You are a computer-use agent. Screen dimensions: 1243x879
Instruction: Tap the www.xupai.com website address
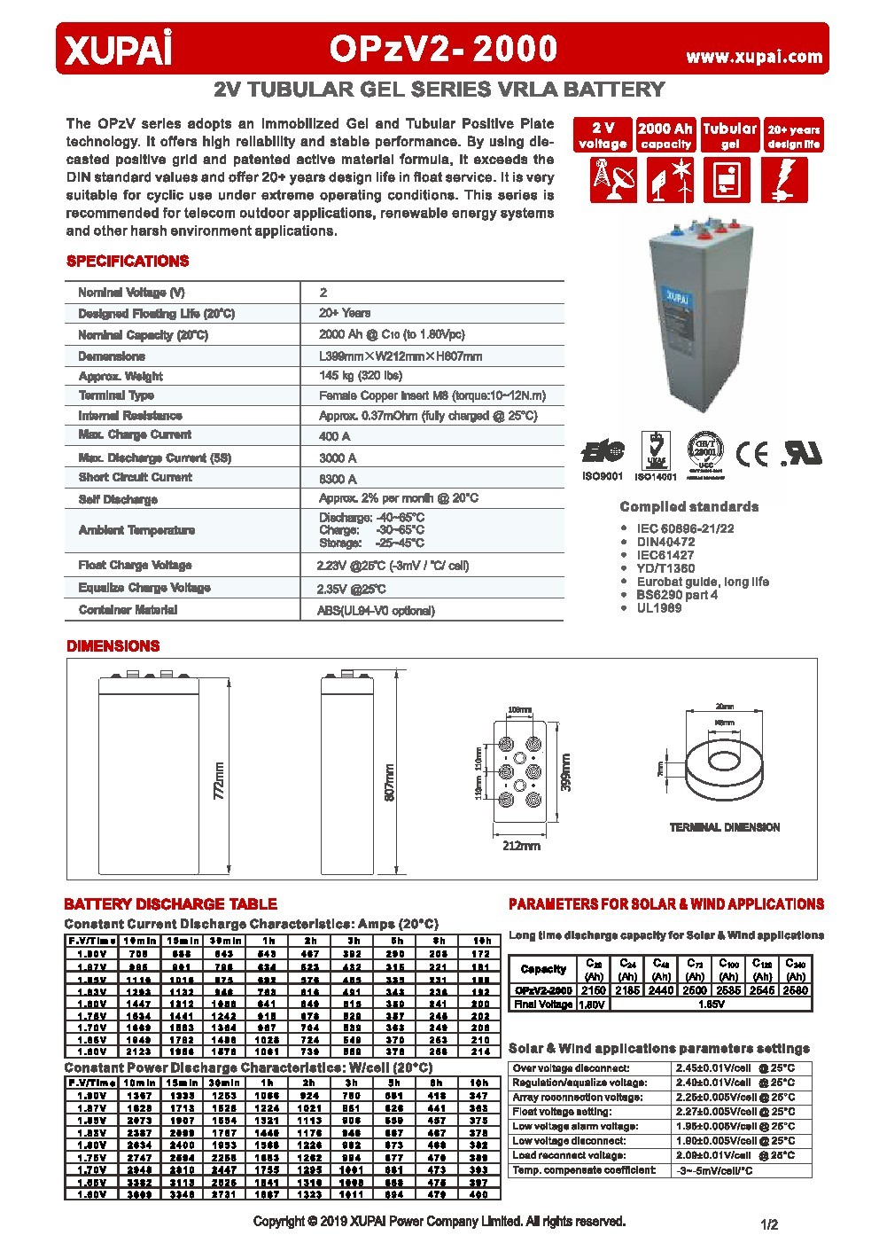coord(754,57)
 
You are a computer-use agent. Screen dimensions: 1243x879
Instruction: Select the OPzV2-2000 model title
coord(443,50)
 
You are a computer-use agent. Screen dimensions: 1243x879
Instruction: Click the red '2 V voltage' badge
coord(603,136)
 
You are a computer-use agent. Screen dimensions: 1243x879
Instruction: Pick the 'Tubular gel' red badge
coord(729,136)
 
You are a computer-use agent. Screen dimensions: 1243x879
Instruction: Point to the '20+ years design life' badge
coord(793,136)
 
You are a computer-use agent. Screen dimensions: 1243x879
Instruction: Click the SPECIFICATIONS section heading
coord(128,262)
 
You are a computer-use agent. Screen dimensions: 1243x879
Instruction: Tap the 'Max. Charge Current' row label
coord(135,434)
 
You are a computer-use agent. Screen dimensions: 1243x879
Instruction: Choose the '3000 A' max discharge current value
coord(338,458)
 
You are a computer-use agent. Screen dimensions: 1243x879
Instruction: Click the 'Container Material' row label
coord(128,610)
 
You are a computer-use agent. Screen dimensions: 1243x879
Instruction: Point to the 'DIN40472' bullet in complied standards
coord(665,542)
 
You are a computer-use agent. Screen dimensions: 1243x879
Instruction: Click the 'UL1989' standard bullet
coord(659,608)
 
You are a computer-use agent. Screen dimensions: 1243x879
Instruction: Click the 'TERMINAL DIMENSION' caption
coord(724,827)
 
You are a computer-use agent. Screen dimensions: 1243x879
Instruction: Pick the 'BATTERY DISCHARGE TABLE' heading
coord(170,904)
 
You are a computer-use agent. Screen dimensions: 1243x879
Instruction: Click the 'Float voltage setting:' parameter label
coord(562,1112)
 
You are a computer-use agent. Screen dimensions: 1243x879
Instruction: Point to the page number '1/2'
coord(769,1225)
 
